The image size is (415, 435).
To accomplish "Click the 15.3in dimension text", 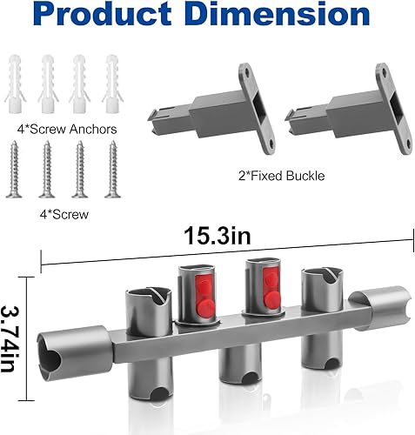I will (x=215, y=237).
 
